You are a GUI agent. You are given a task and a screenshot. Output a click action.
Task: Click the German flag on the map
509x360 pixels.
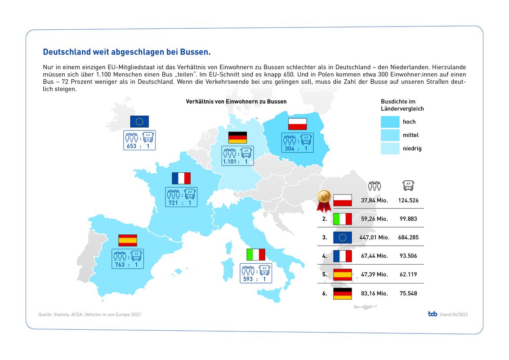pyautogui.click(x=237, y=137)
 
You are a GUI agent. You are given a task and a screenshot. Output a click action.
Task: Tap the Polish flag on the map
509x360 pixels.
pyautogui.click(x=297, y=124)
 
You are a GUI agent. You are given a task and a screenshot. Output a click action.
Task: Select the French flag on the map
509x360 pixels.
pyautogui.click(x=181, y=178)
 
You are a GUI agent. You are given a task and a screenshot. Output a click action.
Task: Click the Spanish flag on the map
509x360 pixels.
pyautogui.click(x=128, y=240)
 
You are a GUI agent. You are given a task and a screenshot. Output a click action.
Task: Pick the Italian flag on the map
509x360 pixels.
pyautogui.click(x=256, y=254)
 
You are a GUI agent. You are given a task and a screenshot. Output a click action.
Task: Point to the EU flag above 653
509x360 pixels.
pyautogui.click(x=139, y=121)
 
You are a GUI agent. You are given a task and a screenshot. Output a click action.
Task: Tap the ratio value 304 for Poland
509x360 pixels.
pyautogui.click(x=289, y=148)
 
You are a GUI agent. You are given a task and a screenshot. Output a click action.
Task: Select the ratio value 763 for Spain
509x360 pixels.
pyautogui.click(x=120, y=265)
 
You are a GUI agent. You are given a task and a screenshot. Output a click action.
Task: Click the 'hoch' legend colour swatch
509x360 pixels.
pyautogui.click(x=390, y=121)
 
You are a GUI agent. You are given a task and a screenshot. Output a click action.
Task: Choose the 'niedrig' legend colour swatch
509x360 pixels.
pyautogui.click(x=390, y=148)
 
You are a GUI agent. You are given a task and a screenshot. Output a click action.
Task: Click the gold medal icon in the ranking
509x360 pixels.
pyautogui.click(x=324, y=199)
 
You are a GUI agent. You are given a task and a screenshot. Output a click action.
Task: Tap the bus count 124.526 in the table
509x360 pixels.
pyautogui.click(x=408, y=200)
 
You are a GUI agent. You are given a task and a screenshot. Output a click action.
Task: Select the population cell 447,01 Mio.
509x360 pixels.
pyautogui.click(x=375, y=237)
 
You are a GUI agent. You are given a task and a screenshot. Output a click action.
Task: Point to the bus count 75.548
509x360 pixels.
pyautogui.click(x=408, y=293)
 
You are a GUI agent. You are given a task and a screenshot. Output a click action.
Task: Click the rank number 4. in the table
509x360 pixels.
pyautogui.click(x=324, y=256)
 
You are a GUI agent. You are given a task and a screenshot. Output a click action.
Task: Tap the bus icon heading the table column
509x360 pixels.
pyautogui.click(x=408, y=185)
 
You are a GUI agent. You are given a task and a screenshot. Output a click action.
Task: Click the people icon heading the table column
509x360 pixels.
pyautogui.click(x=375, y=185)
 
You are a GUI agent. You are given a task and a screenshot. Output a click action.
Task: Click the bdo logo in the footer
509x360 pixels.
pyautogui.click(x=433, y=314)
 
